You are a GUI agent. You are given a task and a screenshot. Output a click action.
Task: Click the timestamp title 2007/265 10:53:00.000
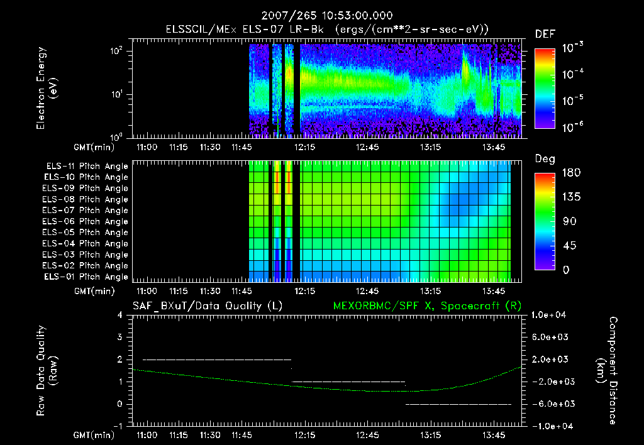(321, 14)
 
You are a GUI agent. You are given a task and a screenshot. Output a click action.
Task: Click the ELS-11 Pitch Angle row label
(85, 167)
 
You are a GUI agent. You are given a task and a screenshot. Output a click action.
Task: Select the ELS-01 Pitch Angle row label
(85, 277)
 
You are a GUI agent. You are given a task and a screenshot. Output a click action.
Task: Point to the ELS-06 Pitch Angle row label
(85, 222)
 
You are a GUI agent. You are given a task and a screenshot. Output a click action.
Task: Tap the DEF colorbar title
(544, 34)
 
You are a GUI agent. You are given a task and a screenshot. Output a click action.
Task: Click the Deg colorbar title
(544, 159)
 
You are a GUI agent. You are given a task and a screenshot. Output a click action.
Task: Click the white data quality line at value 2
(217, 360)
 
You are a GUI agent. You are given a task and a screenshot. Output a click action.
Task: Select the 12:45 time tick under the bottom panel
(367, 435)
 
